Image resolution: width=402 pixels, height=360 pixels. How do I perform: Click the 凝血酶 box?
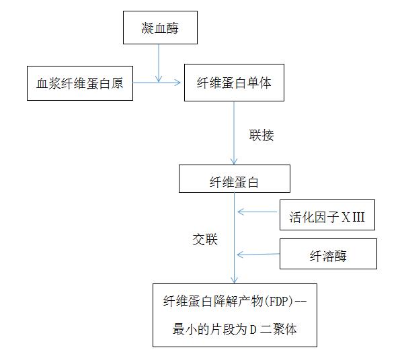[161, 28]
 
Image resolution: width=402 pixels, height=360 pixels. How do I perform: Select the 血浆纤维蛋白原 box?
[79, 83]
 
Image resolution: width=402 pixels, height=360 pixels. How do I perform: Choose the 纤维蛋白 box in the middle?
[235, 180]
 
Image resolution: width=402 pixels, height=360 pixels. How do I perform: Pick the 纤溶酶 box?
[327, 255]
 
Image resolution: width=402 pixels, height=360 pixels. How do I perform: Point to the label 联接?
[261, 135]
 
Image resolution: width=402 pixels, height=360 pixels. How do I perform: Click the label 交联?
[205, 240]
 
